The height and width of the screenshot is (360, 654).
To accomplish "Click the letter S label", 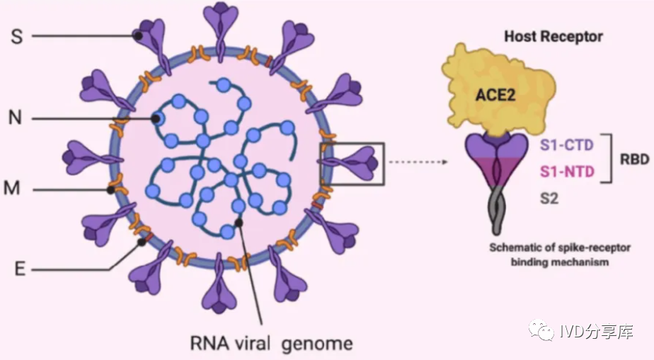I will [x=17, y=36].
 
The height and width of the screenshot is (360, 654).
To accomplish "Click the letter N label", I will [x=16, y=117].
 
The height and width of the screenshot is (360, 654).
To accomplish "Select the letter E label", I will [x=20, y=269].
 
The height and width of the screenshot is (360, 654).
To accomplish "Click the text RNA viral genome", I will [x=271, y=344].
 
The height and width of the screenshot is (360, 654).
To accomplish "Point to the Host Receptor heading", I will [x=553, y=36].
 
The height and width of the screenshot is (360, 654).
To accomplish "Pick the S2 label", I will [x=549, y=199].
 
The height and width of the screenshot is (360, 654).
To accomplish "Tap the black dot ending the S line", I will [x=141, y=35].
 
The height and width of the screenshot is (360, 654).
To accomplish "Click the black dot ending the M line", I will [x=111, y=190].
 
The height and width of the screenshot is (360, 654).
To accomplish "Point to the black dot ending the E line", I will [x=142, y=243].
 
